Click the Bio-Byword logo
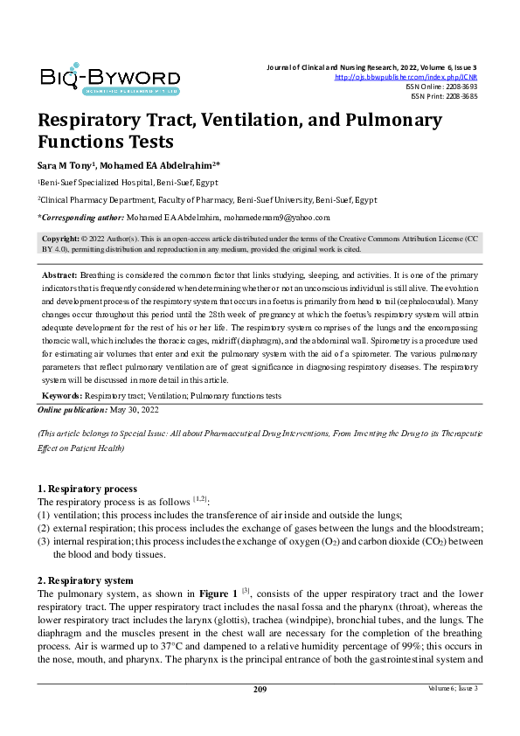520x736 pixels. point(109,79)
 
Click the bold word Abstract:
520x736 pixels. point(61,274)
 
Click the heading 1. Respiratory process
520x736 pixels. point(87,488)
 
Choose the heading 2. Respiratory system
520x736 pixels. point(85,580)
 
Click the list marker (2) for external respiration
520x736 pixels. point(43,528)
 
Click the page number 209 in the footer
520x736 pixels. point(260,714)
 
